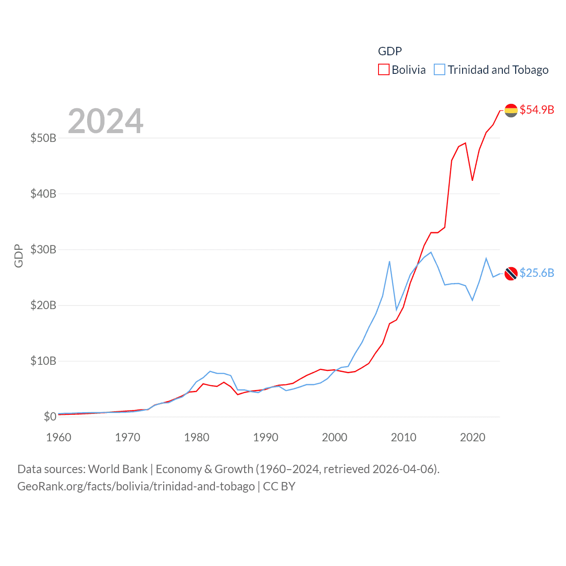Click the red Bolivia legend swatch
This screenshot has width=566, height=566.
click(383, 70)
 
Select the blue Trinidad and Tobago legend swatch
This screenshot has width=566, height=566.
click(439, 70)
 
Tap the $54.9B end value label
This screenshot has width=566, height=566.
click(536, 110)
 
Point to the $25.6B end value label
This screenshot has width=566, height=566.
click(536, 273)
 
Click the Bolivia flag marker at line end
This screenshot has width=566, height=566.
click(511, 111)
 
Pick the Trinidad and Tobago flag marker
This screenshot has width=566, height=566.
click(511, 274)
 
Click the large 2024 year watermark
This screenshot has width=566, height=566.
click(105, 121)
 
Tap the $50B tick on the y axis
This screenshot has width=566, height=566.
click(43, 138)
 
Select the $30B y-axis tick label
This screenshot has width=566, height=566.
click(43, 249)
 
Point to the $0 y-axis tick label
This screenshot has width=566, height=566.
click(50, 417)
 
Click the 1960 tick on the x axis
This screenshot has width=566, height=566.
click(59, 437)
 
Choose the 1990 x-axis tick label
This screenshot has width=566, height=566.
click(266, 437)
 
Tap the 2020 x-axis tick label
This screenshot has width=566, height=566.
click(473, 437)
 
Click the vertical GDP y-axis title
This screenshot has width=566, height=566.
click(19, 256)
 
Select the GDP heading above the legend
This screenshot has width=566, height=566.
click(390, 51)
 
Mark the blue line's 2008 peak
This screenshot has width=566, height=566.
click(390, 261)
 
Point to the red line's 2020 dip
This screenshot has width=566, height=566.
click(472, 180)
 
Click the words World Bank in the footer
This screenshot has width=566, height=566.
click(118, 469)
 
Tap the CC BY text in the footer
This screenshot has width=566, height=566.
click(279, 486)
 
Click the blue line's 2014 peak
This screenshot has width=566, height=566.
click(431, 252)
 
